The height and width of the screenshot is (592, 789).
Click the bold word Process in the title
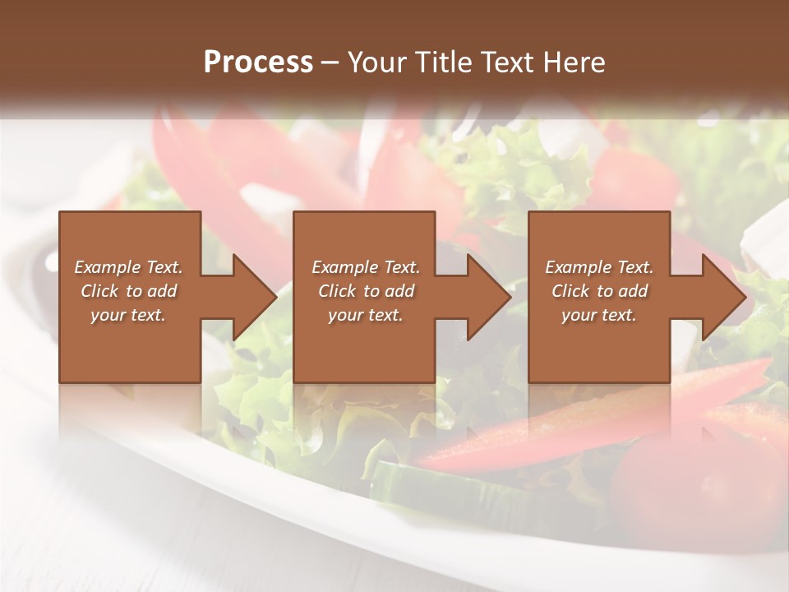point(258,62)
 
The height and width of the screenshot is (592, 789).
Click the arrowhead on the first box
point(251,297)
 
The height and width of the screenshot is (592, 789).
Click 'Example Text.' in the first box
point(128,267)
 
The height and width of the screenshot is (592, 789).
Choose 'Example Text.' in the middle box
point(365,267)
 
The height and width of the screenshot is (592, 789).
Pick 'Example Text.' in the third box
point(599,267)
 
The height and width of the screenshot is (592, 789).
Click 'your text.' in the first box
point(128,315)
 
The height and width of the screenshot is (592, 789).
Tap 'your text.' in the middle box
point(365,315)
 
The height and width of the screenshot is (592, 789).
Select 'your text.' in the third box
point(599,315)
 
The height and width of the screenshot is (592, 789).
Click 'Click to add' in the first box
point(128,291)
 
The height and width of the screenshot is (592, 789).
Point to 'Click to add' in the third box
point(599,291)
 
